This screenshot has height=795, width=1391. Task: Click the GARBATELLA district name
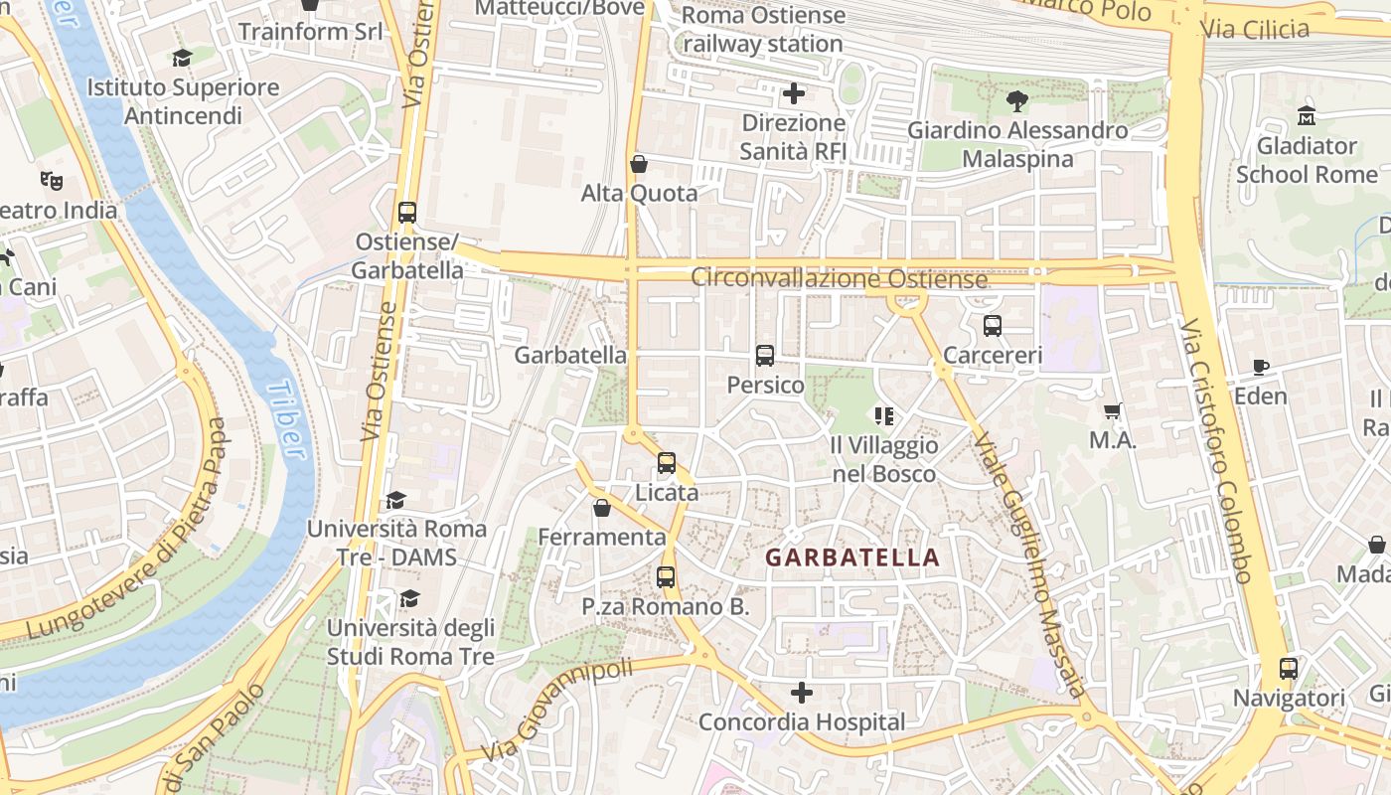coord(852,557)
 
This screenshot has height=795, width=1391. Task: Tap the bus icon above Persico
coord(764,356)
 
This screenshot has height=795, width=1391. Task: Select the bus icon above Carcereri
coord(992,326)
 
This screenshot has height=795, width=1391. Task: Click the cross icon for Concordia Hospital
coord(802,693)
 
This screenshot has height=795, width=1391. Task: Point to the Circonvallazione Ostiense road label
coord(839,278)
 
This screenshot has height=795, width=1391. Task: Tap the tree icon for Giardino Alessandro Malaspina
coord(1016,100)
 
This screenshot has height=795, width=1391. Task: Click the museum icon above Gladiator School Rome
coord(1306,116)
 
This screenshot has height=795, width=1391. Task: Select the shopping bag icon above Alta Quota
coord(639,164)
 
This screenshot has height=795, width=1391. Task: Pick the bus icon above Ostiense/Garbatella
coord(407,212)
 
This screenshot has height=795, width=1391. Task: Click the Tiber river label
coord(286,419)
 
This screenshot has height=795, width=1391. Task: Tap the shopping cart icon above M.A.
coord(1113,410)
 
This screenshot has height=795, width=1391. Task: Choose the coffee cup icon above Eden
coord(1261,367)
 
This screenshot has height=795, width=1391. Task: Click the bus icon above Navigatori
coord(1288,669)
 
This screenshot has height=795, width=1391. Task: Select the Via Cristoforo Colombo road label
coord(1216,452)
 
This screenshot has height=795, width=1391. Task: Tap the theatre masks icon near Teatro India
coord(52,181)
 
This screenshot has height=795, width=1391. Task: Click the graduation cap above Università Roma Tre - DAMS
coord(396,500)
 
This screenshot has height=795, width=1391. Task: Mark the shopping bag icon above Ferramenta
coord(601,508)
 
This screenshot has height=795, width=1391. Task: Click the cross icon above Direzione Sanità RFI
coord(793,93)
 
